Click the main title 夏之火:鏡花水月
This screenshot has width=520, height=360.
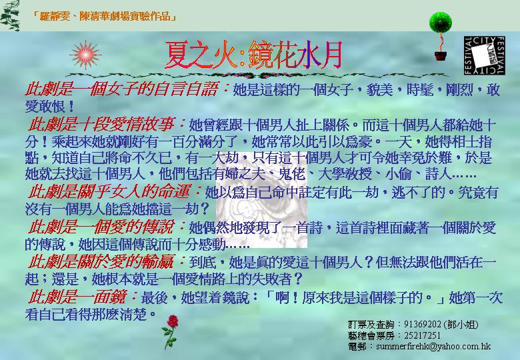[x=254, y=55]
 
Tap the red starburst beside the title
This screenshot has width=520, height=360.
[x=85, y=55]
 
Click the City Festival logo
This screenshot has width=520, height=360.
[x=484, y=55]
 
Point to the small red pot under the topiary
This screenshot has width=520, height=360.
[x=441, y=56]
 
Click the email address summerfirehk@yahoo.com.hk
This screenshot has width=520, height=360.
[x=433, y=347]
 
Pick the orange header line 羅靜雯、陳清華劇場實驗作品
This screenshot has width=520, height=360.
[x=105, y=16]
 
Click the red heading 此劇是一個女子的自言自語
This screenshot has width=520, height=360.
[x=121, y=89]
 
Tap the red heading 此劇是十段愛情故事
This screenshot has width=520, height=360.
[x=101, y=125]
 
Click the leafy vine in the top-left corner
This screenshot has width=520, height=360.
[x=10, y=15]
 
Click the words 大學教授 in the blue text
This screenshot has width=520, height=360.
[x=345, y=175]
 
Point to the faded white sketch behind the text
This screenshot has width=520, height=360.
[x=261, y=200]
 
